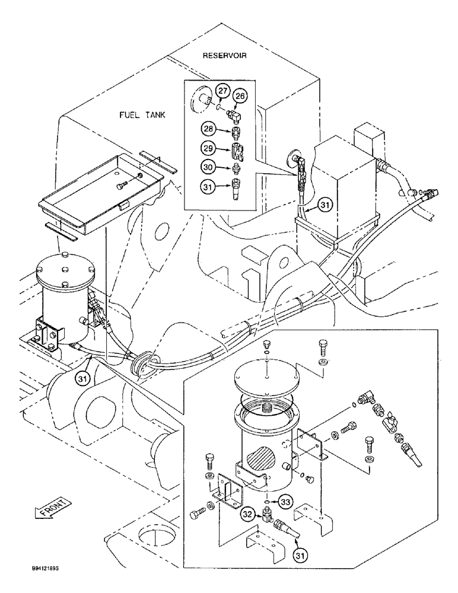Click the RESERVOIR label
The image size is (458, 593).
(x=224, y=56)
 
